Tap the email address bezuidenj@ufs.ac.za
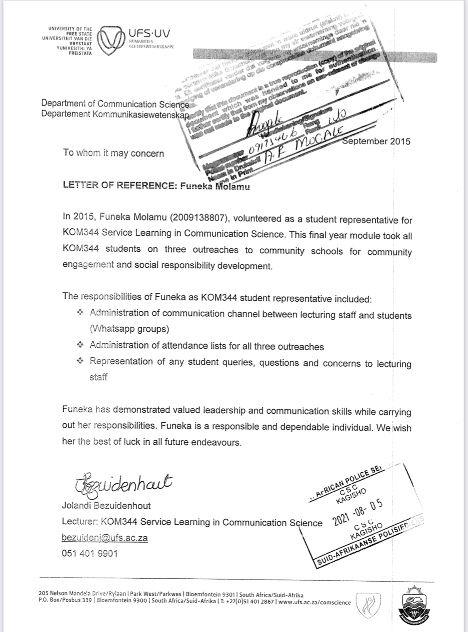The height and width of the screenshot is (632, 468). coord(104,538)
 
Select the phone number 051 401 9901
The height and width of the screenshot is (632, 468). coord(89,553)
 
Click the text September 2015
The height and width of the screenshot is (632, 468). coord(376,141)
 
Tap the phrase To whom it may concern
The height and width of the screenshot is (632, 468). coord(113,153)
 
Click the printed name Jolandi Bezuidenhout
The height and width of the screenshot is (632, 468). coord(106,506)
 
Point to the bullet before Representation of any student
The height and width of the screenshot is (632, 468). coord(80,362)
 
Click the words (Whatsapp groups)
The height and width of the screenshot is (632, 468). coord(129,329)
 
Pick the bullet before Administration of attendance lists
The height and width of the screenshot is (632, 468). coord(80,345)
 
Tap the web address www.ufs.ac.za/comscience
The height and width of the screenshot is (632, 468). coord(314,602)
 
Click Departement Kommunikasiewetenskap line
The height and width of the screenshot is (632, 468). coord(115,114)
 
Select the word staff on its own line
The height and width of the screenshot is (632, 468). coord(99,377)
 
